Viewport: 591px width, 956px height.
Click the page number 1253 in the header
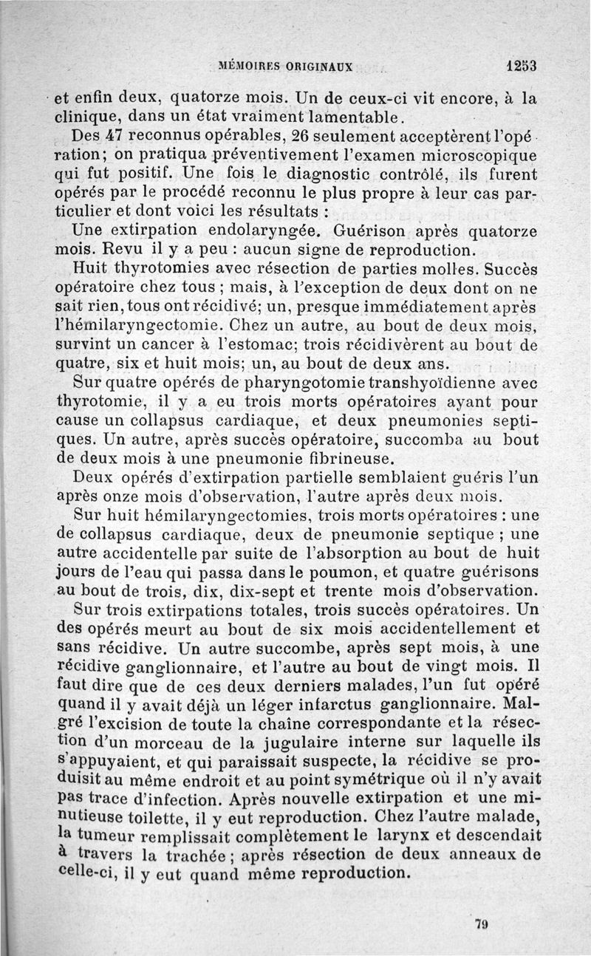click(x=521, y=65)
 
